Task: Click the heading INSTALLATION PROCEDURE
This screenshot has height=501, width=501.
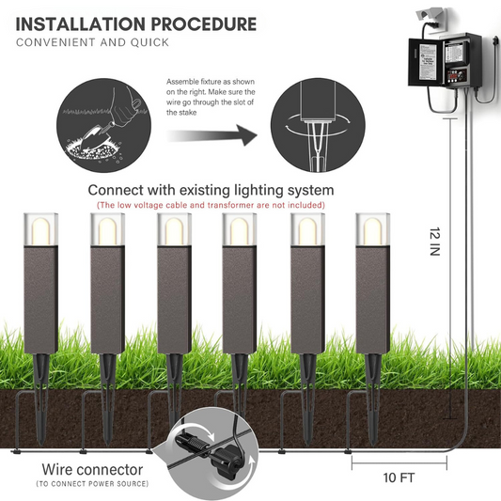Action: click(135, 23)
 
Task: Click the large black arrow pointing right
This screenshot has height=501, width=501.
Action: click(214, 136)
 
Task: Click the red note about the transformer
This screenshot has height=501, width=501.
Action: click(211, 205)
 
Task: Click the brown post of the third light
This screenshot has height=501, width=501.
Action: click(170, 301)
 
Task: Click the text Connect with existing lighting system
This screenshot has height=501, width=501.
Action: click(211, 190)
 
